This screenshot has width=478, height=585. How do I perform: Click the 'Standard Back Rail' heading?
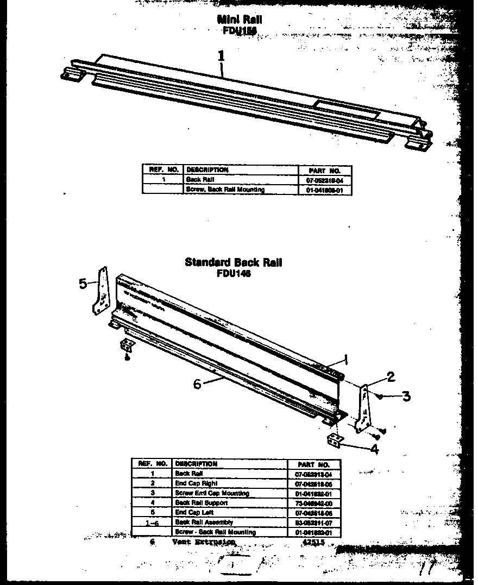(x=234, y=263)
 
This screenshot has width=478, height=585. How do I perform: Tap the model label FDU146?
(x=234, y=274)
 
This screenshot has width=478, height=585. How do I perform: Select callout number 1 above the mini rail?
(x=221, y=55)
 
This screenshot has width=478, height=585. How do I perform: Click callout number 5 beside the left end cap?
(x=83, y=284)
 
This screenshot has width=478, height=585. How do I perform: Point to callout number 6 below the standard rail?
(x=197, y=383)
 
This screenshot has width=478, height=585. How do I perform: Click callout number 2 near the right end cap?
(x=391, y=376)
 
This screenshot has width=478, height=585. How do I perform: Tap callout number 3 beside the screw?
(x=406, y=397)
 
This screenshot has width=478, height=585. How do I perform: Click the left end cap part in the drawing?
(x=101, y=292)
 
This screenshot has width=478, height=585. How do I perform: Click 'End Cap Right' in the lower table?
(x=196, y=483)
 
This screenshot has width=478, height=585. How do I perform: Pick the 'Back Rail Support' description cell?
(x=201, y=503)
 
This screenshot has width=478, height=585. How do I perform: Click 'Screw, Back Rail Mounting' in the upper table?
(x=225, y=190)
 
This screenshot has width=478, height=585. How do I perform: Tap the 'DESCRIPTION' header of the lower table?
(x=196, y=464)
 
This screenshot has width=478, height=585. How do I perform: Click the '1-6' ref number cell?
(x=153, y=523)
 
